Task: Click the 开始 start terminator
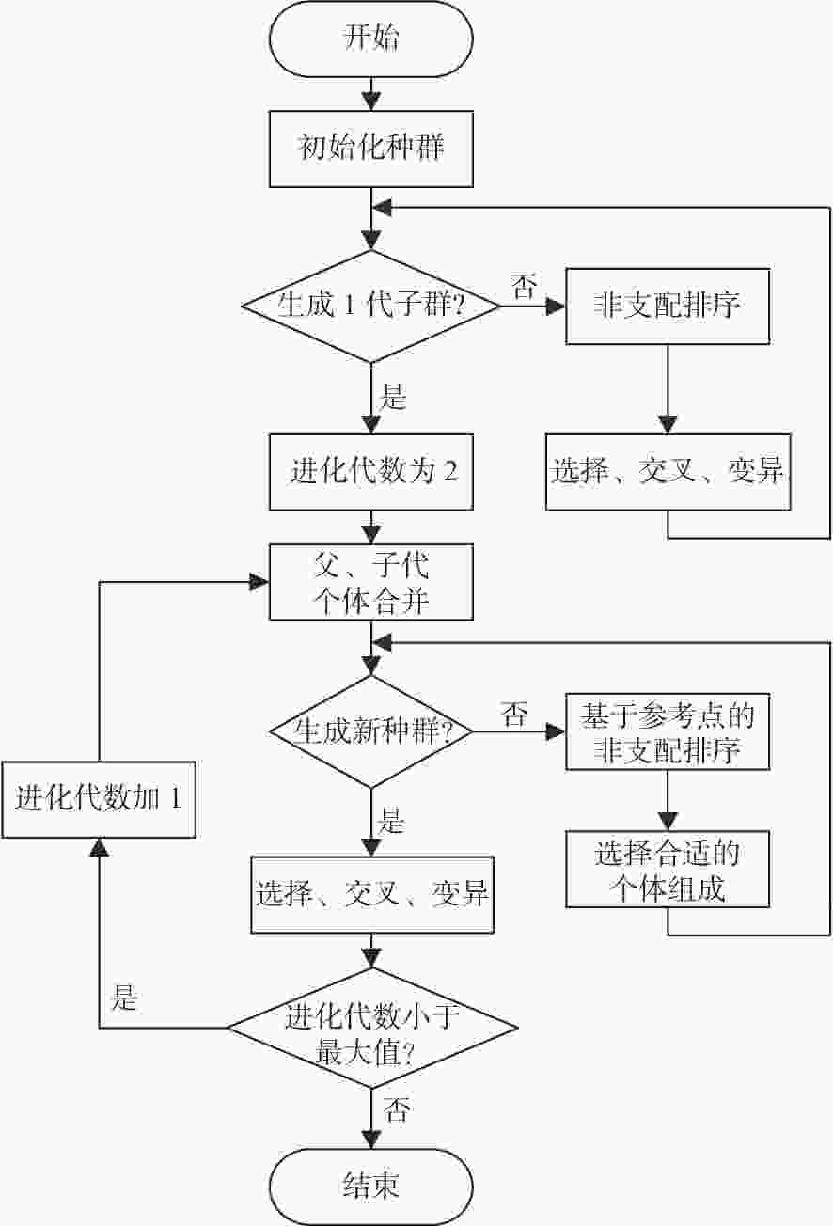pyautogui.click(x=371, y=39)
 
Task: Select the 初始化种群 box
pyautogui.click(x=371, y=149)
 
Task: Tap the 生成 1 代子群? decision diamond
pyautogui.click(x=371, y=306)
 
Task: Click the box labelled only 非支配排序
pyautogui.click(x=668, y=306)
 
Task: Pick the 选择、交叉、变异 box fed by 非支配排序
pyautogui.click(x=668, y=472)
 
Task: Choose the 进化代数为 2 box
pyautogui.click(x=371, y=472)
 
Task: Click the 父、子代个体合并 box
pyautogui.click(x=371, y=582)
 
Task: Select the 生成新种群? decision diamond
pyautogui.click(x=371, y=731)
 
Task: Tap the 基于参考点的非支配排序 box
pyautogui.click(x=668, y=731)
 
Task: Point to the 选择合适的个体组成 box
pyautogui.click(x=668, y=870)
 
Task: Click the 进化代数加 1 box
pyautogui.click(x=99, y=799)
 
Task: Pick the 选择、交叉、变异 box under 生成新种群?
pyautogui.click(x=372, y=895)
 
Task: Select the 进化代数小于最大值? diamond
pyautogui.click(x=372, y=1028)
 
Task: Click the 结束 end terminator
pyautogui.click(x=371, y=1187)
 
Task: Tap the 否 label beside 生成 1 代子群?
pyautogui.click(x=524, y=286)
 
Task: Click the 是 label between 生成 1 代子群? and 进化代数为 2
pyautogui.click(x=393, y=396)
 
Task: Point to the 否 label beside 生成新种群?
pyautogui.click(x=514, y=714)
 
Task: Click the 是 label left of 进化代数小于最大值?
pyautogui.click(x=124, y=998)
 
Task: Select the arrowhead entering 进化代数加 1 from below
pyautogui.click(x=99, y=847)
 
